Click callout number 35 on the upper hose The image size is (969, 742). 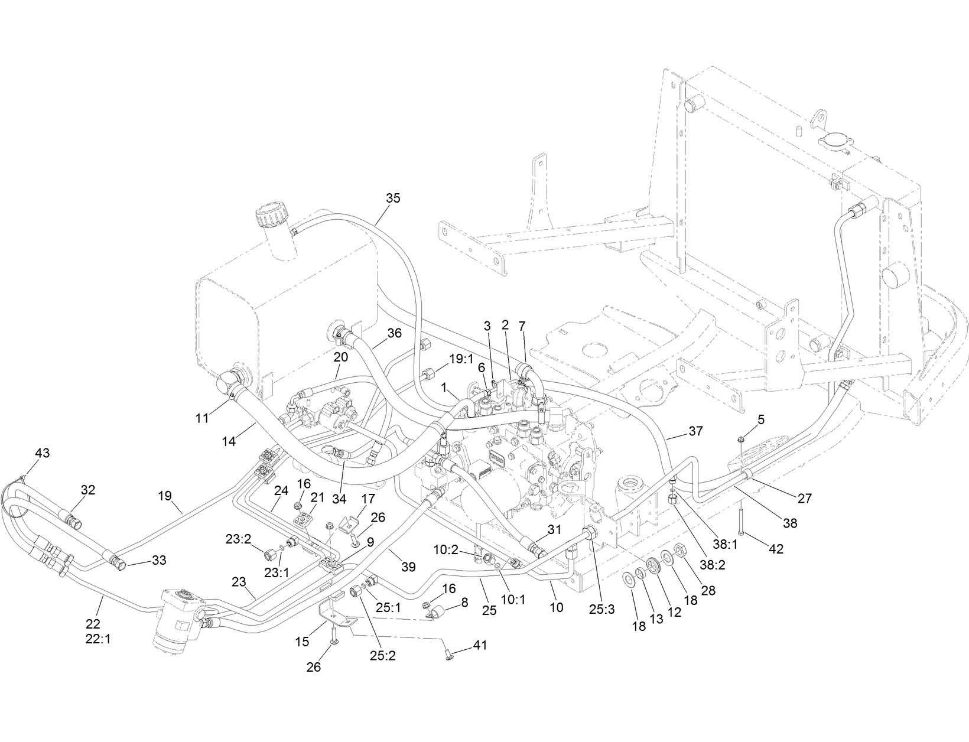[x=393, y=198]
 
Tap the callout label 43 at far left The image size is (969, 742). [x=42, y=453]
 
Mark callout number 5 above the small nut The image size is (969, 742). [x=761, y=419]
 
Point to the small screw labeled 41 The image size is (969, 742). [x=447, y=654]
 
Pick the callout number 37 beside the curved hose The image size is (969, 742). [x=695, y=431]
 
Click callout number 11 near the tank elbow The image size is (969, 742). [x=202, y=418]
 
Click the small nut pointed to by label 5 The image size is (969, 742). [x=741, y=439]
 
